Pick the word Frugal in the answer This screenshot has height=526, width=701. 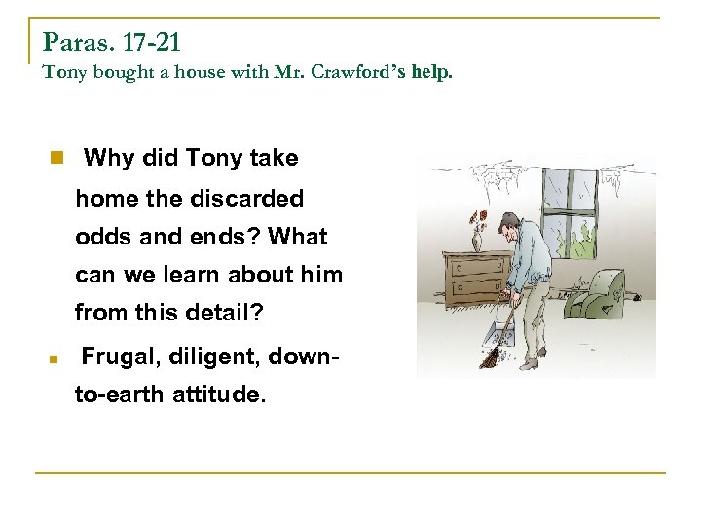(x=116, y=358)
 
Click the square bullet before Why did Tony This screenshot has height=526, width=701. (x=57, y=157)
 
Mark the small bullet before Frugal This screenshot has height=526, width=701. (x=56, y=359)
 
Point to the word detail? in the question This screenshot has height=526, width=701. (x=232, y=314)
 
